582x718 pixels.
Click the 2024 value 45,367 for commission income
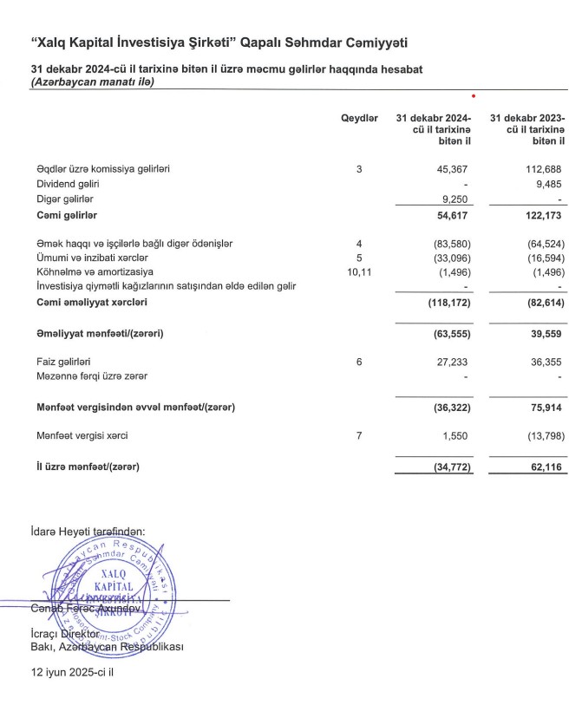pos(453,169)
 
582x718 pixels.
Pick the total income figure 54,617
pos(453,214)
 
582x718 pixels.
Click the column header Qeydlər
pos(359,118)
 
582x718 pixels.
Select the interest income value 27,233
pos(453,362)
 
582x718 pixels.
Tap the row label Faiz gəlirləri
pos(64,362)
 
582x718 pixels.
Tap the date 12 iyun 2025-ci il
pos(73,672)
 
